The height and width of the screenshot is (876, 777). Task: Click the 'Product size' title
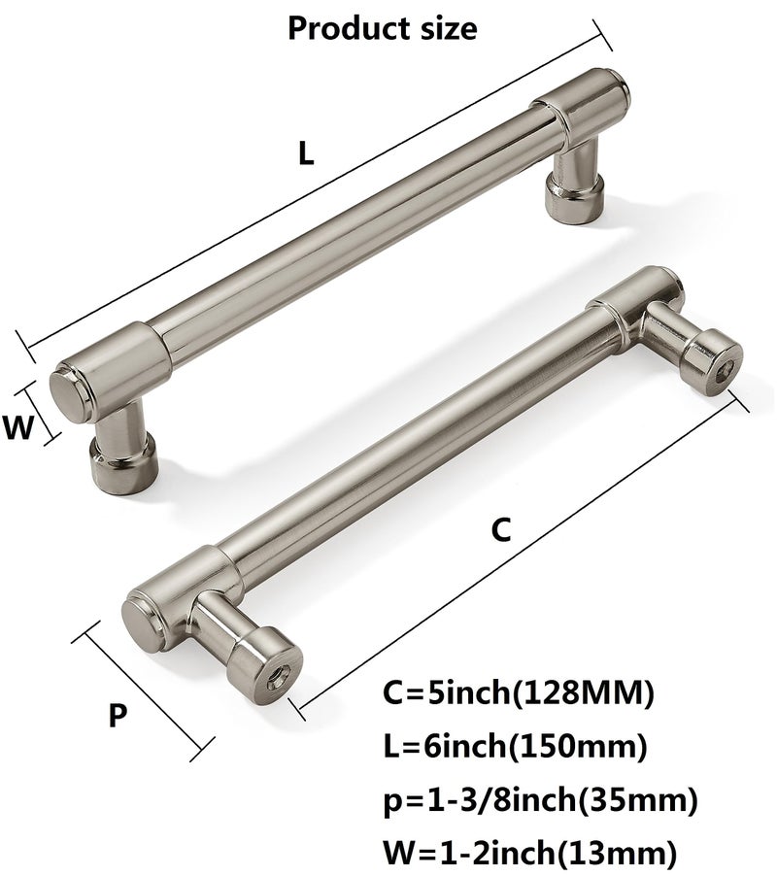pyautogui.click(x=382, y=28)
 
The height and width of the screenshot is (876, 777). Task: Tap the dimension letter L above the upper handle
pyautogui.click(x=306, y=152)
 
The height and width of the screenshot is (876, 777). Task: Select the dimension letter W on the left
pyautogui.click(x=19, y=428)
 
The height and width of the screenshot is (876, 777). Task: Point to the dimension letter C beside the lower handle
pyautogui.click(x=501, y=529)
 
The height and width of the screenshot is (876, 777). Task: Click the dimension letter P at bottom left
pyautogui.click(x=118, y=715)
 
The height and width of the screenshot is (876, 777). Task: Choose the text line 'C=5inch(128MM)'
pyautogui.click(x=518, y=693)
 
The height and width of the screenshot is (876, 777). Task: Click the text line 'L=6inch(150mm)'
pyautogui.click(x=515, y=745)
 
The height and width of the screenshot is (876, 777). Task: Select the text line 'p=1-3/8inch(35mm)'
pyautogui.click(x=540, y=799)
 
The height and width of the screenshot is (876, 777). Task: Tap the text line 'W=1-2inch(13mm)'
pyautogui.click(x=529, y=853)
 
